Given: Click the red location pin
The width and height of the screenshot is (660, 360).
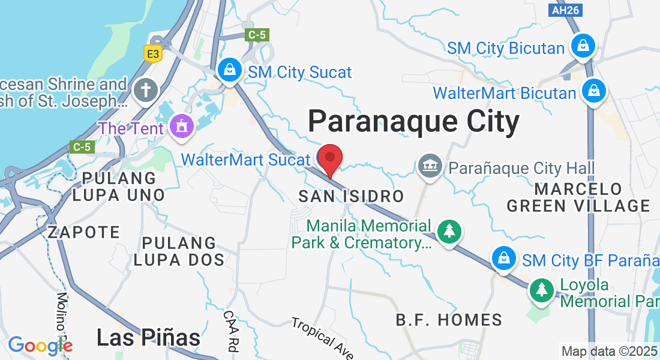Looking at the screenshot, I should [x=329, y=159].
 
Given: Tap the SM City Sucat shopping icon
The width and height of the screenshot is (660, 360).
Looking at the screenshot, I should [x=230, y=71].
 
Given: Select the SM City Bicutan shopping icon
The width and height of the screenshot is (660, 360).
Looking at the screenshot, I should [x=582, y=46].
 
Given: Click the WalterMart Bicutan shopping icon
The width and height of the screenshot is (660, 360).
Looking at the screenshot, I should [x=593, y=91].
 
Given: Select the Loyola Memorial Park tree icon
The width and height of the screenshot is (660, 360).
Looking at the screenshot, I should [x=542, y=290].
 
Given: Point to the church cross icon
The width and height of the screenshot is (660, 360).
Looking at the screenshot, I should [x=146, y=91].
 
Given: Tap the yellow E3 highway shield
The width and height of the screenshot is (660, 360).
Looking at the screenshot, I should [x=154, y=54].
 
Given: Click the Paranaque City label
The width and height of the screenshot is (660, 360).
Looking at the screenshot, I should [x=413, y=122].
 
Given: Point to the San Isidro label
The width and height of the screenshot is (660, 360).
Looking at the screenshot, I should [x=351, y=196].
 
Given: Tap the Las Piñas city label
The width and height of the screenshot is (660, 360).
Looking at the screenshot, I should [x=148, y=338].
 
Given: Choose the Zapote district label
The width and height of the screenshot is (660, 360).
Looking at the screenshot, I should [x=84, y=232].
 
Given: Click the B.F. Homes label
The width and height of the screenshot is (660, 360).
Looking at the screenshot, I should [x=449, y=320].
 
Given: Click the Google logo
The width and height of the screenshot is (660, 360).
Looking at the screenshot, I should [x=40, y=345].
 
